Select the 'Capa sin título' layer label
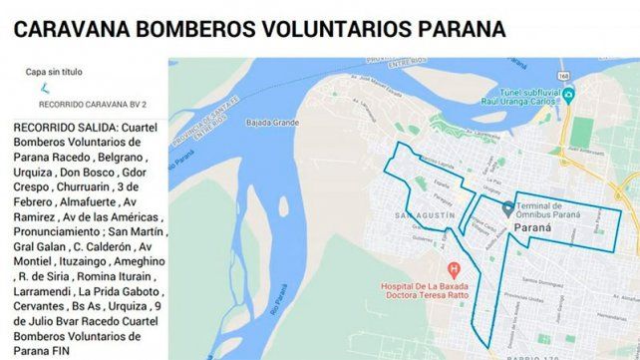(55, 72)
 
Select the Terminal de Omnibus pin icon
(507, 208)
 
